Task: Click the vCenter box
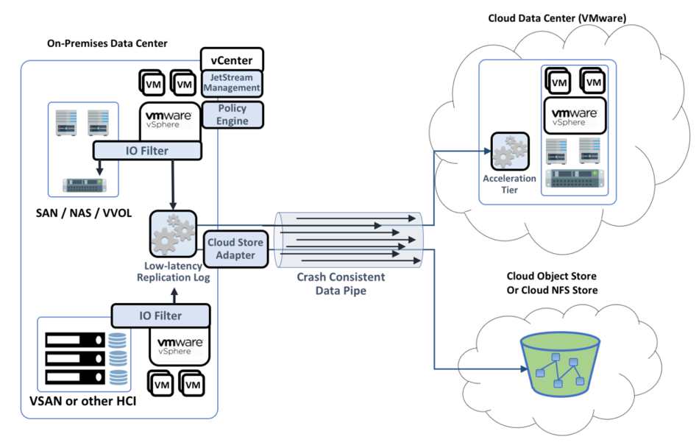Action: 232,60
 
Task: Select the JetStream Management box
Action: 232,83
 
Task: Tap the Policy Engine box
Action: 233,115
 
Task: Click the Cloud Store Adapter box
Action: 235,249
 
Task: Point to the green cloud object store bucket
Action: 560,365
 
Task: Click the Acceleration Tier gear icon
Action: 510,152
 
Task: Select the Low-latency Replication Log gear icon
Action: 173,234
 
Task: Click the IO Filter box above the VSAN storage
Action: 160,316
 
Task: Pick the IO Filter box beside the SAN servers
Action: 147,151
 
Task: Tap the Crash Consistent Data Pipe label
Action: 341,284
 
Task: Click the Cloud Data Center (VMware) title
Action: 557,18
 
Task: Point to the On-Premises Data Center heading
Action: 107,43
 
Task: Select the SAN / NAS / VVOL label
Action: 84,213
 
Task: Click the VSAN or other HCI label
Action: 83,401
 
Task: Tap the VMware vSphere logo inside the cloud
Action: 575,116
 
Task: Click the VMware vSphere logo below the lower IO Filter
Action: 180,346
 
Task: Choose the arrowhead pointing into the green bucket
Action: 524,369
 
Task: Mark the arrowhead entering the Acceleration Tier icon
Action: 488,152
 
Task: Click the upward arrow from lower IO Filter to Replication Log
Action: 174,296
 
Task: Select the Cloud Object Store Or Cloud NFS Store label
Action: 552,283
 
